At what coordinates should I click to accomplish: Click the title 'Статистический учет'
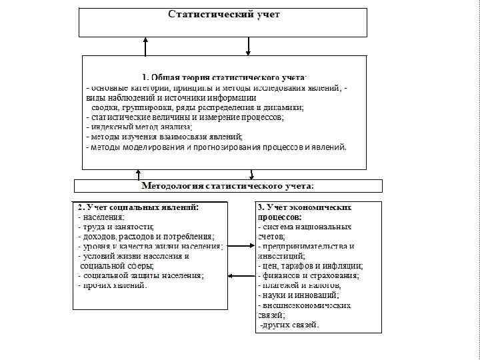pos(223,14)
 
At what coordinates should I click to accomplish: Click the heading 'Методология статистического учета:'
pos(228,185)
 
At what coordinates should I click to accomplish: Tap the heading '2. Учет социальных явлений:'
pos(138,207)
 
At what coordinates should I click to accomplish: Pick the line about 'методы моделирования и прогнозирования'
pos(217,147)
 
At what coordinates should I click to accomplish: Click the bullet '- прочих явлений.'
pos(113,285)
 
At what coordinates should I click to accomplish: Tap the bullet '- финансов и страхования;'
pos(309,275)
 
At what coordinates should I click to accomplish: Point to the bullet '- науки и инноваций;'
pos(298,295)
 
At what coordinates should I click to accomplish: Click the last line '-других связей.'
pos(289,325)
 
